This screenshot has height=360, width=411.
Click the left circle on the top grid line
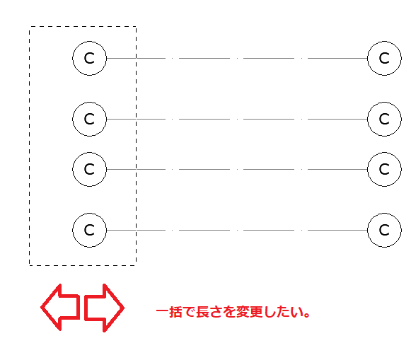[x=73, y=58]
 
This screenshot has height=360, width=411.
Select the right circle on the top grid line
[x=367, y=58]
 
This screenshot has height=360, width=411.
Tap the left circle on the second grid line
[x=73, y=120]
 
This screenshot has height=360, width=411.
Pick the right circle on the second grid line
[x=367, y=120]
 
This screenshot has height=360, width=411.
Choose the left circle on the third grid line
[x=73, y=169]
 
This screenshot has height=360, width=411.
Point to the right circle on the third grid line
[x=367, y=169]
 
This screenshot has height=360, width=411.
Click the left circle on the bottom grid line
[x=73, y=230]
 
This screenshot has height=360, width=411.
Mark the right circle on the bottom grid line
[x=367, y=230]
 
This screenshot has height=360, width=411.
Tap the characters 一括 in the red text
[x=169, y=312]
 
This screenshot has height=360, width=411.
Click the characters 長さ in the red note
[x=209, y=312]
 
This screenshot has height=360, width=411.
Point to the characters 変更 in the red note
[x=249, y=312]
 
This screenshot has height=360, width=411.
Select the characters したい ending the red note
[x=283, y=312]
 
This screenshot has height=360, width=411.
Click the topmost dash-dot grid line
[x=237, y=58]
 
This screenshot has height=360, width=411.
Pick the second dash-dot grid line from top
[x=237, y=120]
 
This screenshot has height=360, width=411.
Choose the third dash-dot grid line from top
[x=237, y=169]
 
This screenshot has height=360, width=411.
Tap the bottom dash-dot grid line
[x=237, y=230]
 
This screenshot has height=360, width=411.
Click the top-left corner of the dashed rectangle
[x=30, y=26]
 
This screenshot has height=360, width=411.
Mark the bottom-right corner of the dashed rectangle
[x=136, y=265]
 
